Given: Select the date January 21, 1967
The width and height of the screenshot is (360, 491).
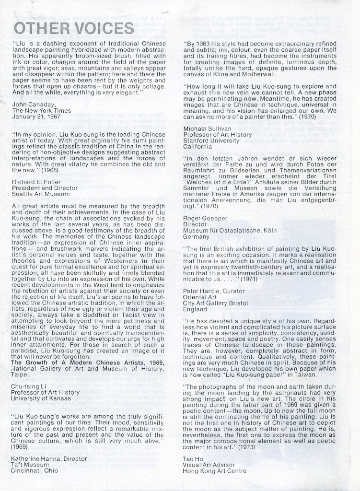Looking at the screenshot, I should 35,117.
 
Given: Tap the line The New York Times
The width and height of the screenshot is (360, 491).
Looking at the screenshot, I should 41,110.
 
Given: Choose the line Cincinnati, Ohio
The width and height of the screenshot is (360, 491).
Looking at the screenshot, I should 35,471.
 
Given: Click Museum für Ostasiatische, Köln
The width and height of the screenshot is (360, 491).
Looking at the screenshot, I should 230,231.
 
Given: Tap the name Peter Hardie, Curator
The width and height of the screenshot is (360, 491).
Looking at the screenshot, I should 214,291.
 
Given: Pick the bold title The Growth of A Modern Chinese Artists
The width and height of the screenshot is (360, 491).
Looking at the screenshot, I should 82,362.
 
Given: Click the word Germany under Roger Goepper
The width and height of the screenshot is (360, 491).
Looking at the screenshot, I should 196,237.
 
